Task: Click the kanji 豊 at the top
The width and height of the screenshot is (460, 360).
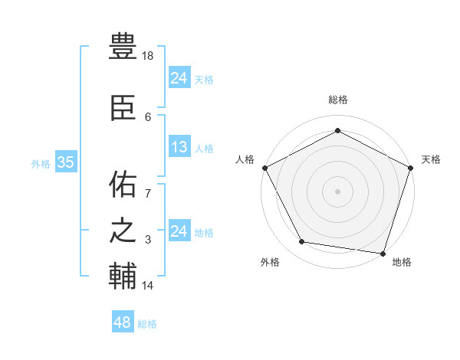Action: click(123, 47)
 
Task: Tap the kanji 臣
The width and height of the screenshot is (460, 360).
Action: click(123, 107)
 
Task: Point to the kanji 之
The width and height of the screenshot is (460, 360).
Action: click(123, 231)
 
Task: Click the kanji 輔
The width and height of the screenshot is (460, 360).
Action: click(123, 277)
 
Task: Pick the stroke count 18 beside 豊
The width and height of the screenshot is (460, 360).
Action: click(149, 55)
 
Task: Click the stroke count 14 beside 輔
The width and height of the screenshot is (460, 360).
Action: click(148, 286)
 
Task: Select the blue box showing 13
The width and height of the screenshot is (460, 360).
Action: click(179, 148)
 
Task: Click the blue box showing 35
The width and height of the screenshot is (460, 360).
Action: click(65, 162)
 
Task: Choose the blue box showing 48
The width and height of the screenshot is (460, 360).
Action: click(122, 322)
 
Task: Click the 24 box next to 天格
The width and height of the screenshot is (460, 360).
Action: click(179, 78)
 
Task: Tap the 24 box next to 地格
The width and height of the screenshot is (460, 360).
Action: click(179, 231)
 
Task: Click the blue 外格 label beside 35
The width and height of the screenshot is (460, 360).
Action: click(41, 163)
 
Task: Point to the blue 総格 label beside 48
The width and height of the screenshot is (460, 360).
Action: click(147, 324)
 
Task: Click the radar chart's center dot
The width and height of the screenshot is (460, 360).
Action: click(337, 191)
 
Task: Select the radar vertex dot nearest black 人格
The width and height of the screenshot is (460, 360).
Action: click(264, 167)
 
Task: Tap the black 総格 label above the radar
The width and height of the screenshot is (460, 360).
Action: click(337, 100)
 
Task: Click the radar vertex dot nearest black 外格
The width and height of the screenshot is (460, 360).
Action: click(302, 242)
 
